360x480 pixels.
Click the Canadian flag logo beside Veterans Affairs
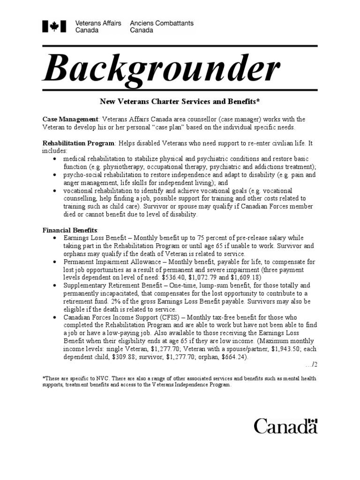click(54, 27)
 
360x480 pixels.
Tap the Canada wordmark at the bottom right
click(285, 426)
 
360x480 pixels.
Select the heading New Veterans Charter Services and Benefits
click(180, 101)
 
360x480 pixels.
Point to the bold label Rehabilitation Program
click(78, 143)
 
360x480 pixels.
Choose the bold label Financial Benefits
click(70, 230)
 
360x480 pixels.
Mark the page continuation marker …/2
click(311, 364)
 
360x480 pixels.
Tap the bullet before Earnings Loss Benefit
click(55, 238)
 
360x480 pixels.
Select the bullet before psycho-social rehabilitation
click(55, 175)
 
